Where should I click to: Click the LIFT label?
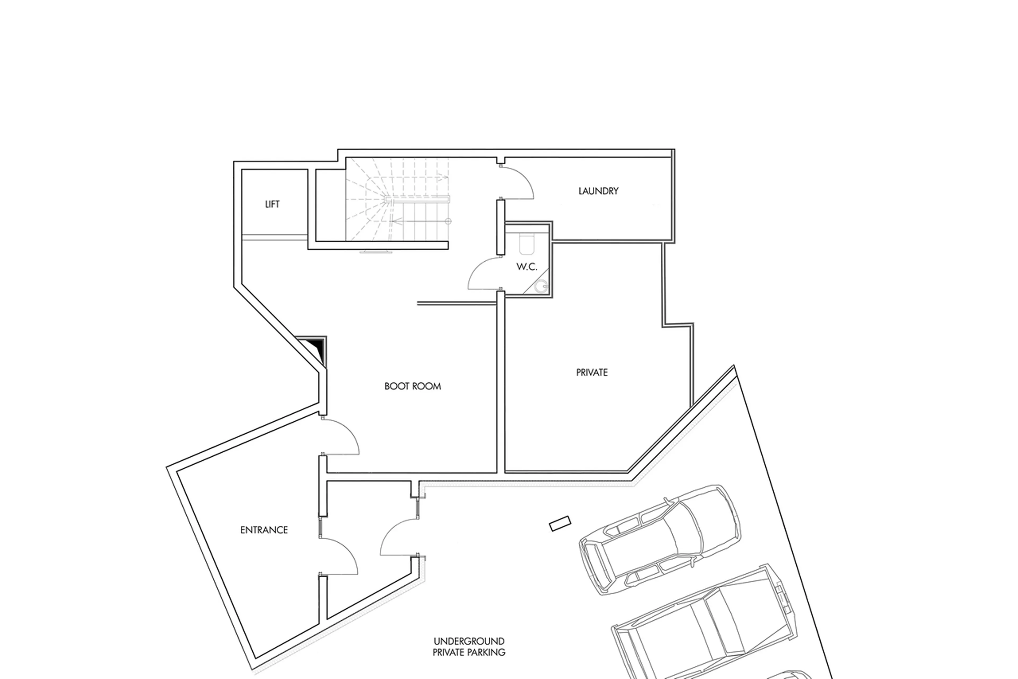pos(272,204)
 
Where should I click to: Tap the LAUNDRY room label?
pos(598,191)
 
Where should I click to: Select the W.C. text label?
pos(526,267)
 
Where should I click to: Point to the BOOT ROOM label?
pos(412,386)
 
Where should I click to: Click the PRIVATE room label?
pos(592,372)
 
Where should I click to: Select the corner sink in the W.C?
pos(541,286)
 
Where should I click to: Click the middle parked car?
pos(705,628)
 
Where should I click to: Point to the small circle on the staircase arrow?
pos(448,221)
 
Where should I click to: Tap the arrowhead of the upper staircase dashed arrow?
pos(446,176)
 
